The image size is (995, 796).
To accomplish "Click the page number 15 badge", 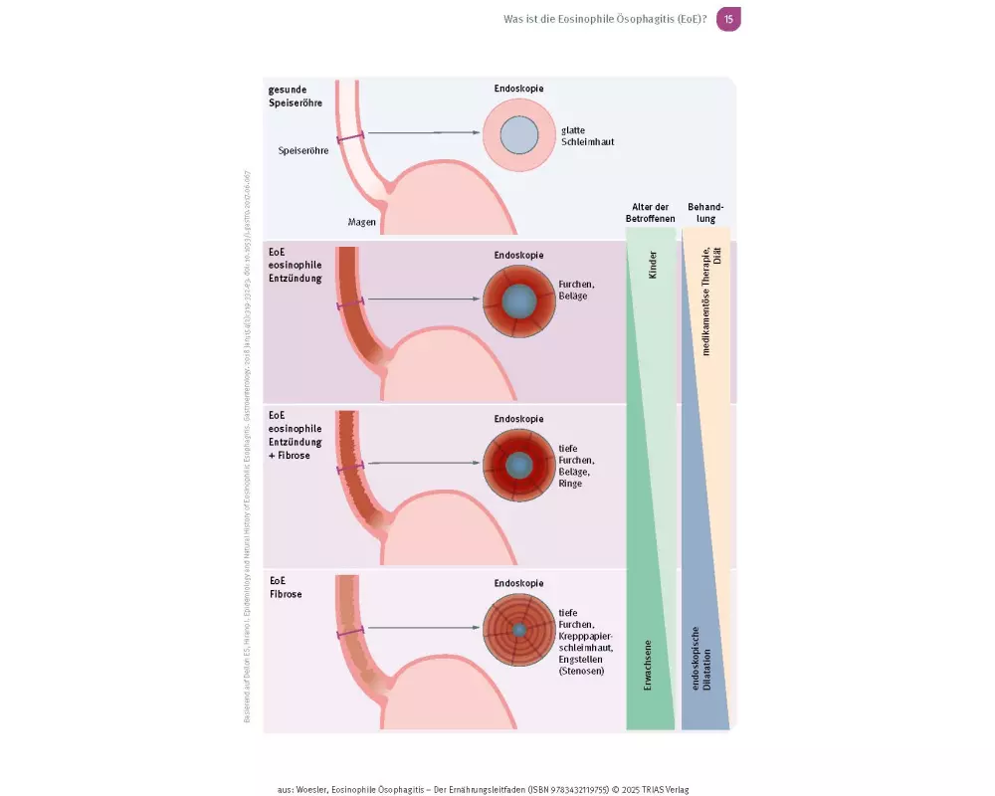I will pyautogui.click(x=728, y=19).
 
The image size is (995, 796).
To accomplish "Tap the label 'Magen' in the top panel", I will pyautogui.click(x=362, y=222).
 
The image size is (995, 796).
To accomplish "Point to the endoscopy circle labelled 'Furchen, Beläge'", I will pyautogui.click(x=518, y=300).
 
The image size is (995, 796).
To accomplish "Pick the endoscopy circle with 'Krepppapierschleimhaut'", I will pyautogui.click(x=518, y=630).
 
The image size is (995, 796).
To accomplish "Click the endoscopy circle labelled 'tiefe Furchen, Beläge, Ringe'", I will pyautogui.click(x=518, y=465).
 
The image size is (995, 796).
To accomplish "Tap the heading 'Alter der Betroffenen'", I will pyautogui.click(x=652, y=212).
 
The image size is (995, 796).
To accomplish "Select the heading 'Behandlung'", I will pyautogui.click(x=705, y=212).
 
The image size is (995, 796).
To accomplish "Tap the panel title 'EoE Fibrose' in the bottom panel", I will pyautogui.click(x=285, y=586).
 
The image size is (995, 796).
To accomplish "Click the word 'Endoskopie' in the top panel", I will pyautogui.click(x=518, y=90).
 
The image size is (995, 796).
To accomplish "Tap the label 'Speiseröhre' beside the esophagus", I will pyautogui.click(x=302, y=151).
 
